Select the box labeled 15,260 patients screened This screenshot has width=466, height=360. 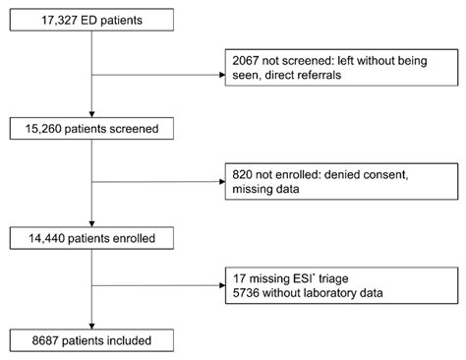(89, 126)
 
